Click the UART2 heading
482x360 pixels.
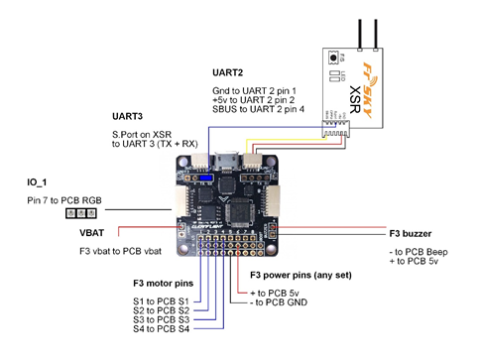click(229, 72)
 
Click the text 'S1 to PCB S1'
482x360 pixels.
click(158, 300)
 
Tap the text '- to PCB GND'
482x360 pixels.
click(280, 301)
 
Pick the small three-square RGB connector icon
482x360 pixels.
click(76, 212)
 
